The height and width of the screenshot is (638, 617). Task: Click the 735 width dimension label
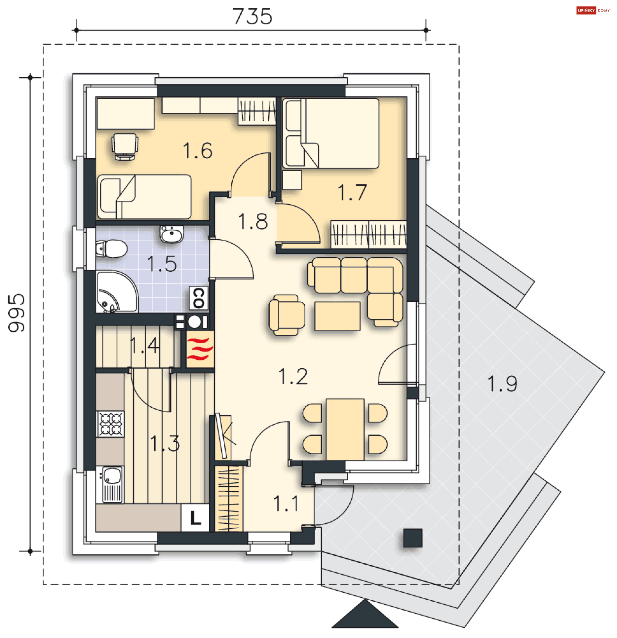(x=252, y=16)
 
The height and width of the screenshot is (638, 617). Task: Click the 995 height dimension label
(x=16, y=313)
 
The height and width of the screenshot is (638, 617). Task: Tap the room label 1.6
(x=198, y=150)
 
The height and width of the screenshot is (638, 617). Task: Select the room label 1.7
(x=352, y=192)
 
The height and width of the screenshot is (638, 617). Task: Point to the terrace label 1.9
(x=502, y=384)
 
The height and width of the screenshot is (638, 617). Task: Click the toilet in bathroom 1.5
(x=112, y=249)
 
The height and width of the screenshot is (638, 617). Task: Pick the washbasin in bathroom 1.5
(x=172, y=234)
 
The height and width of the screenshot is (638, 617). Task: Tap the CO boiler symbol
(x=199, y=298)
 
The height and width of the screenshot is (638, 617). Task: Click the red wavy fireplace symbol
(x=200, y=349)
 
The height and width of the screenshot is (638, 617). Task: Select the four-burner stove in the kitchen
(x=110, y=424)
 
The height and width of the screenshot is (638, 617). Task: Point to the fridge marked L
(x=195, y=518)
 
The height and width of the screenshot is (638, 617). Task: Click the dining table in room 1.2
(x=345, y=429)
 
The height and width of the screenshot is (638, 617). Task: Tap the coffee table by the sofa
(x=337, y=316)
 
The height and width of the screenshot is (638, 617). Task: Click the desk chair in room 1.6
(x=125, y=146)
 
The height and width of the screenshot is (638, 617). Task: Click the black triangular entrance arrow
(x=365, y=614)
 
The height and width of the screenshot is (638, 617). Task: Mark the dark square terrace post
(x=413, y=538)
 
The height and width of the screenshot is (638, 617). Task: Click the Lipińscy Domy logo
(x=593, y=10)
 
